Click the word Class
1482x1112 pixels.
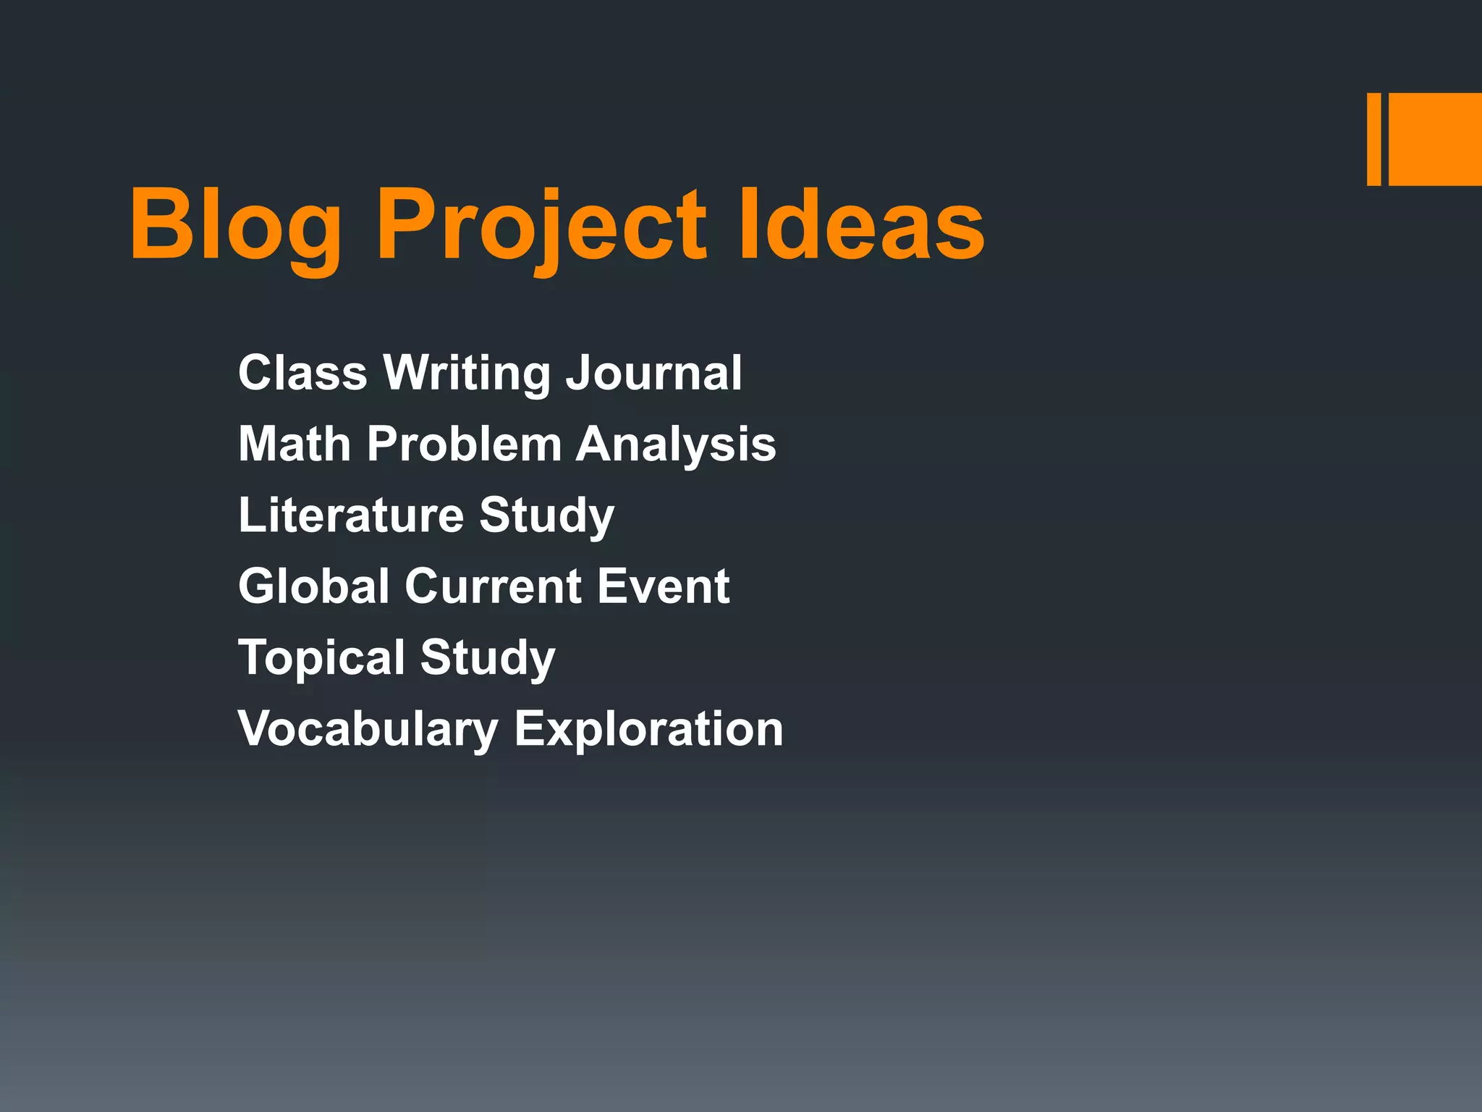[302, 373]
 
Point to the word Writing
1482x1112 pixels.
[467, 373]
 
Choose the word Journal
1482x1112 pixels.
[653, 373]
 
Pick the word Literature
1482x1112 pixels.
[351, 515]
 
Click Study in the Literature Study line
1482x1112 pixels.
[546, 515]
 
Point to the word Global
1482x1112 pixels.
[314, 586]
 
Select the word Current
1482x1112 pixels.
[493, 586]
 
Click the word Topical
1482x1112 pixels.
[321, 657]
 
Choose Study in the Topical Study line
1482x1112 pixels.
[488, 657]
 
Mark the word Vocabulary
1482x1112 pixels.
[368, 728]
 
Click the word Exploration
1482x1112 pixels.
[649, 728]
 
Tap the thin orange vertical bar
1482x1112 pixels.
[1373, 139]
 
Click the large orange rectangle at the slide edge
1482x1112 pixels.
[1435, 139]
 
